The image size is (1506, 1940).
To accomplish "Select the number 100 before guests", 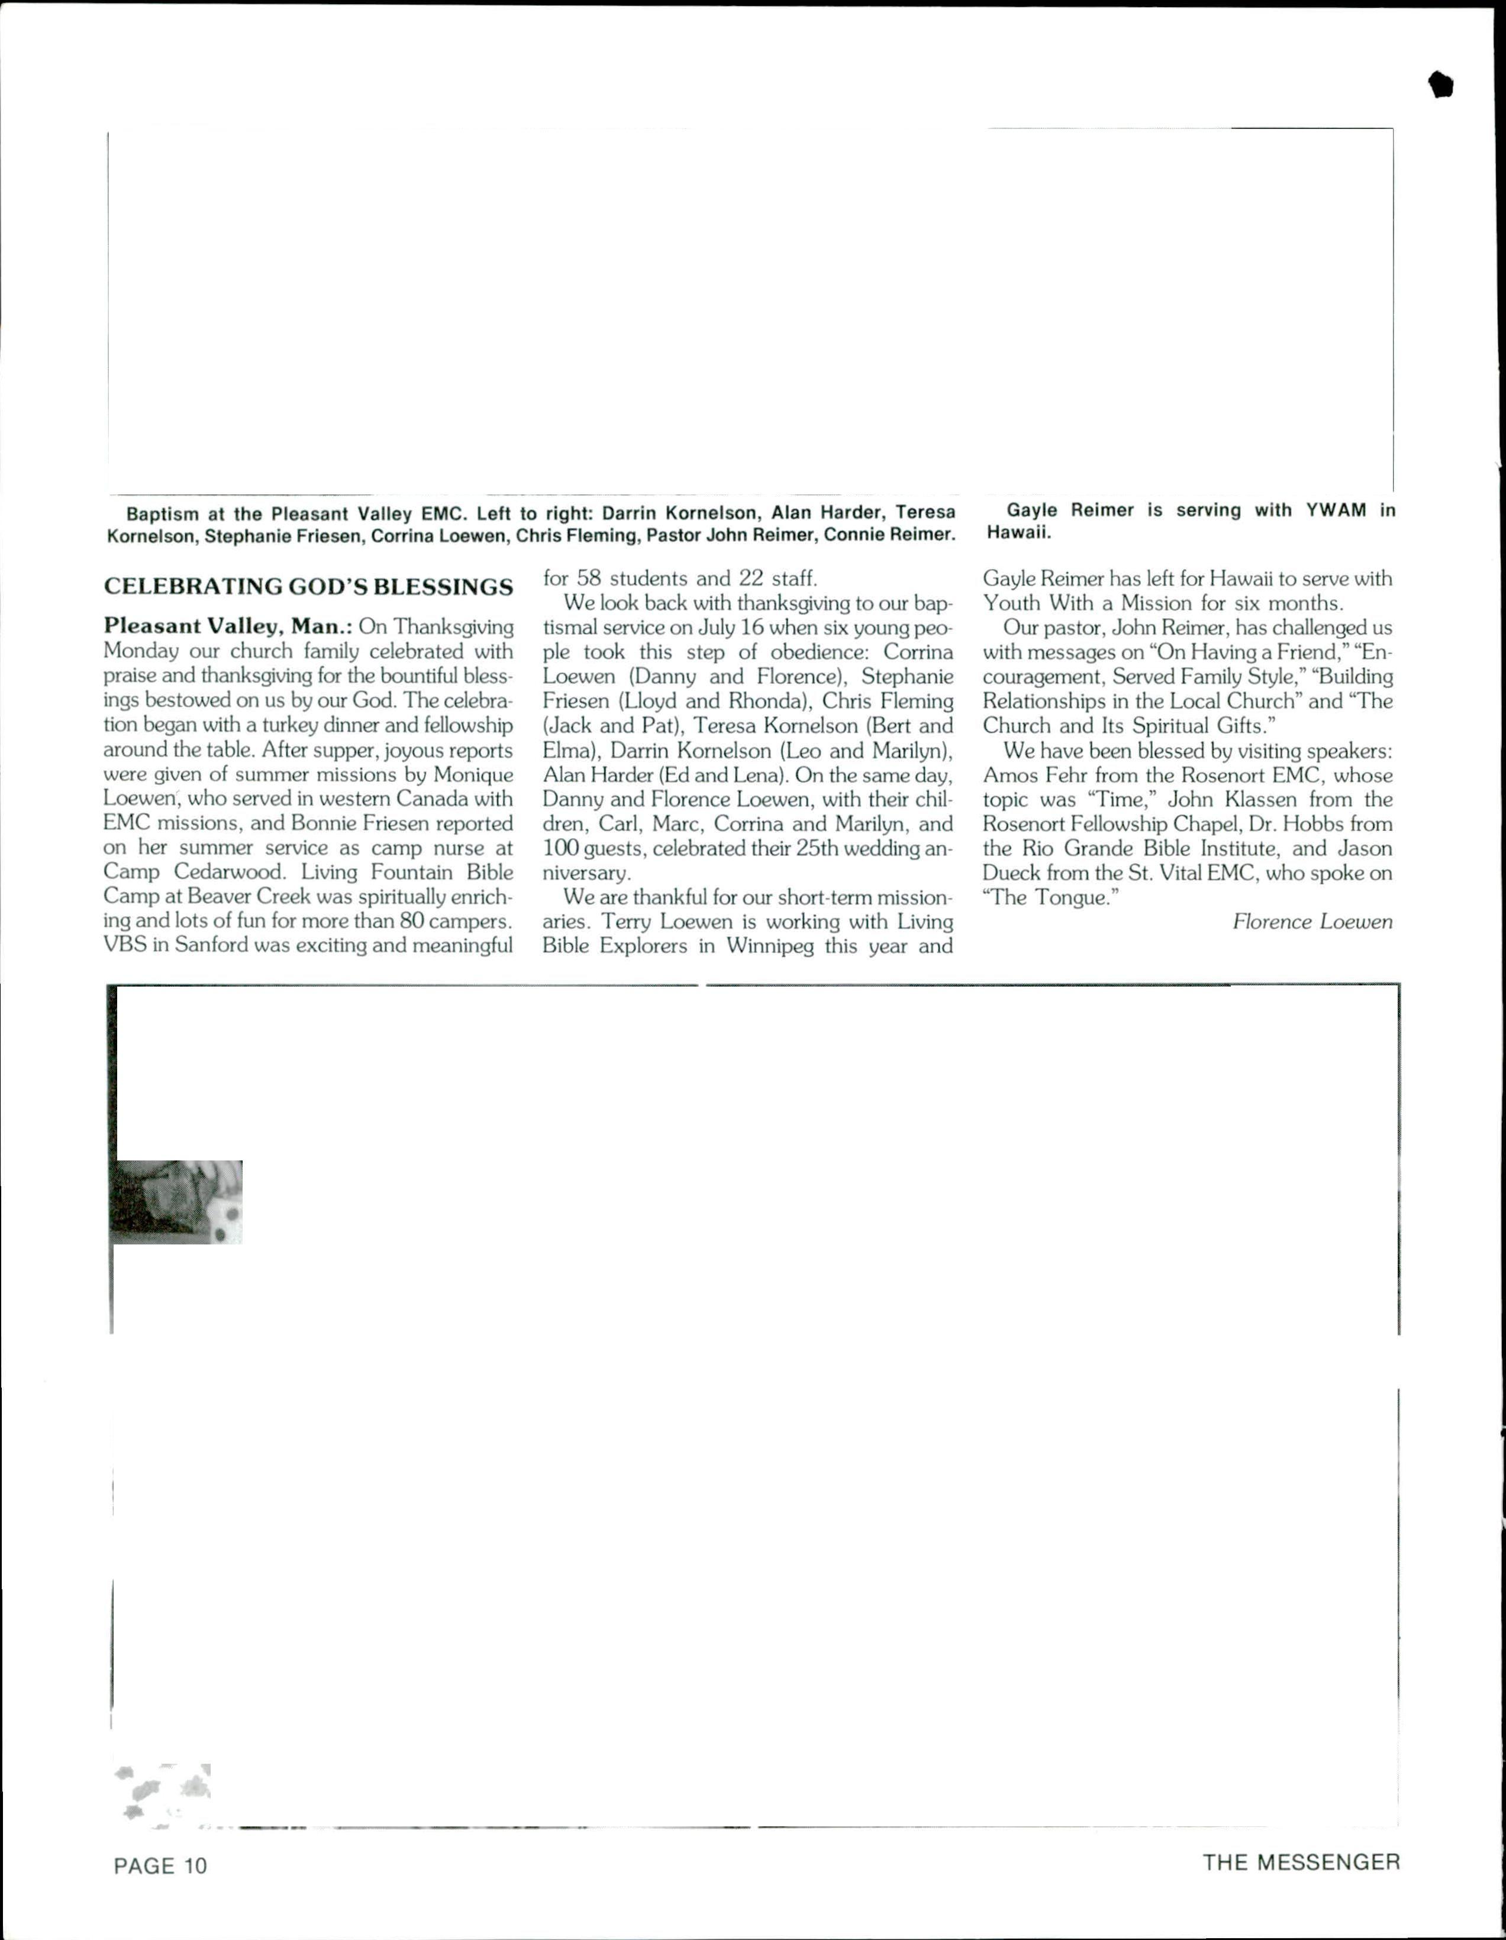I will click(560, 848).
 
